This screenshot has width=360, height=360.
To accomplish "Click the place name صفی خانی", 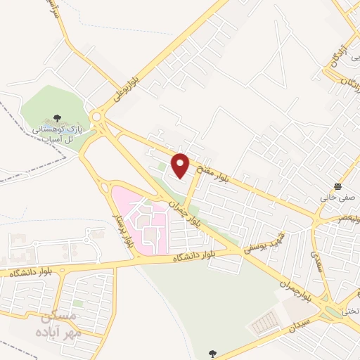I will (x=335, y=198).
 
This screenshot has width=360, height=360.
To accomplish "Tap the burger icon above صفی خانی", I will (x=339, y=186).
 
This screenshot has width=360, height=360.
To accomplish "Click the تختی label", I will (x=349, y=310).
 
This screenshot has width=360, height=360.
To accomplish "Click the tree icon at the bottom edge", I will (x=212, y=353).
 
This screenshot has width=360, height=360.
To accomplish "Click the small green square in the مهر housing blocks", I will (x=78, y=304).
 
